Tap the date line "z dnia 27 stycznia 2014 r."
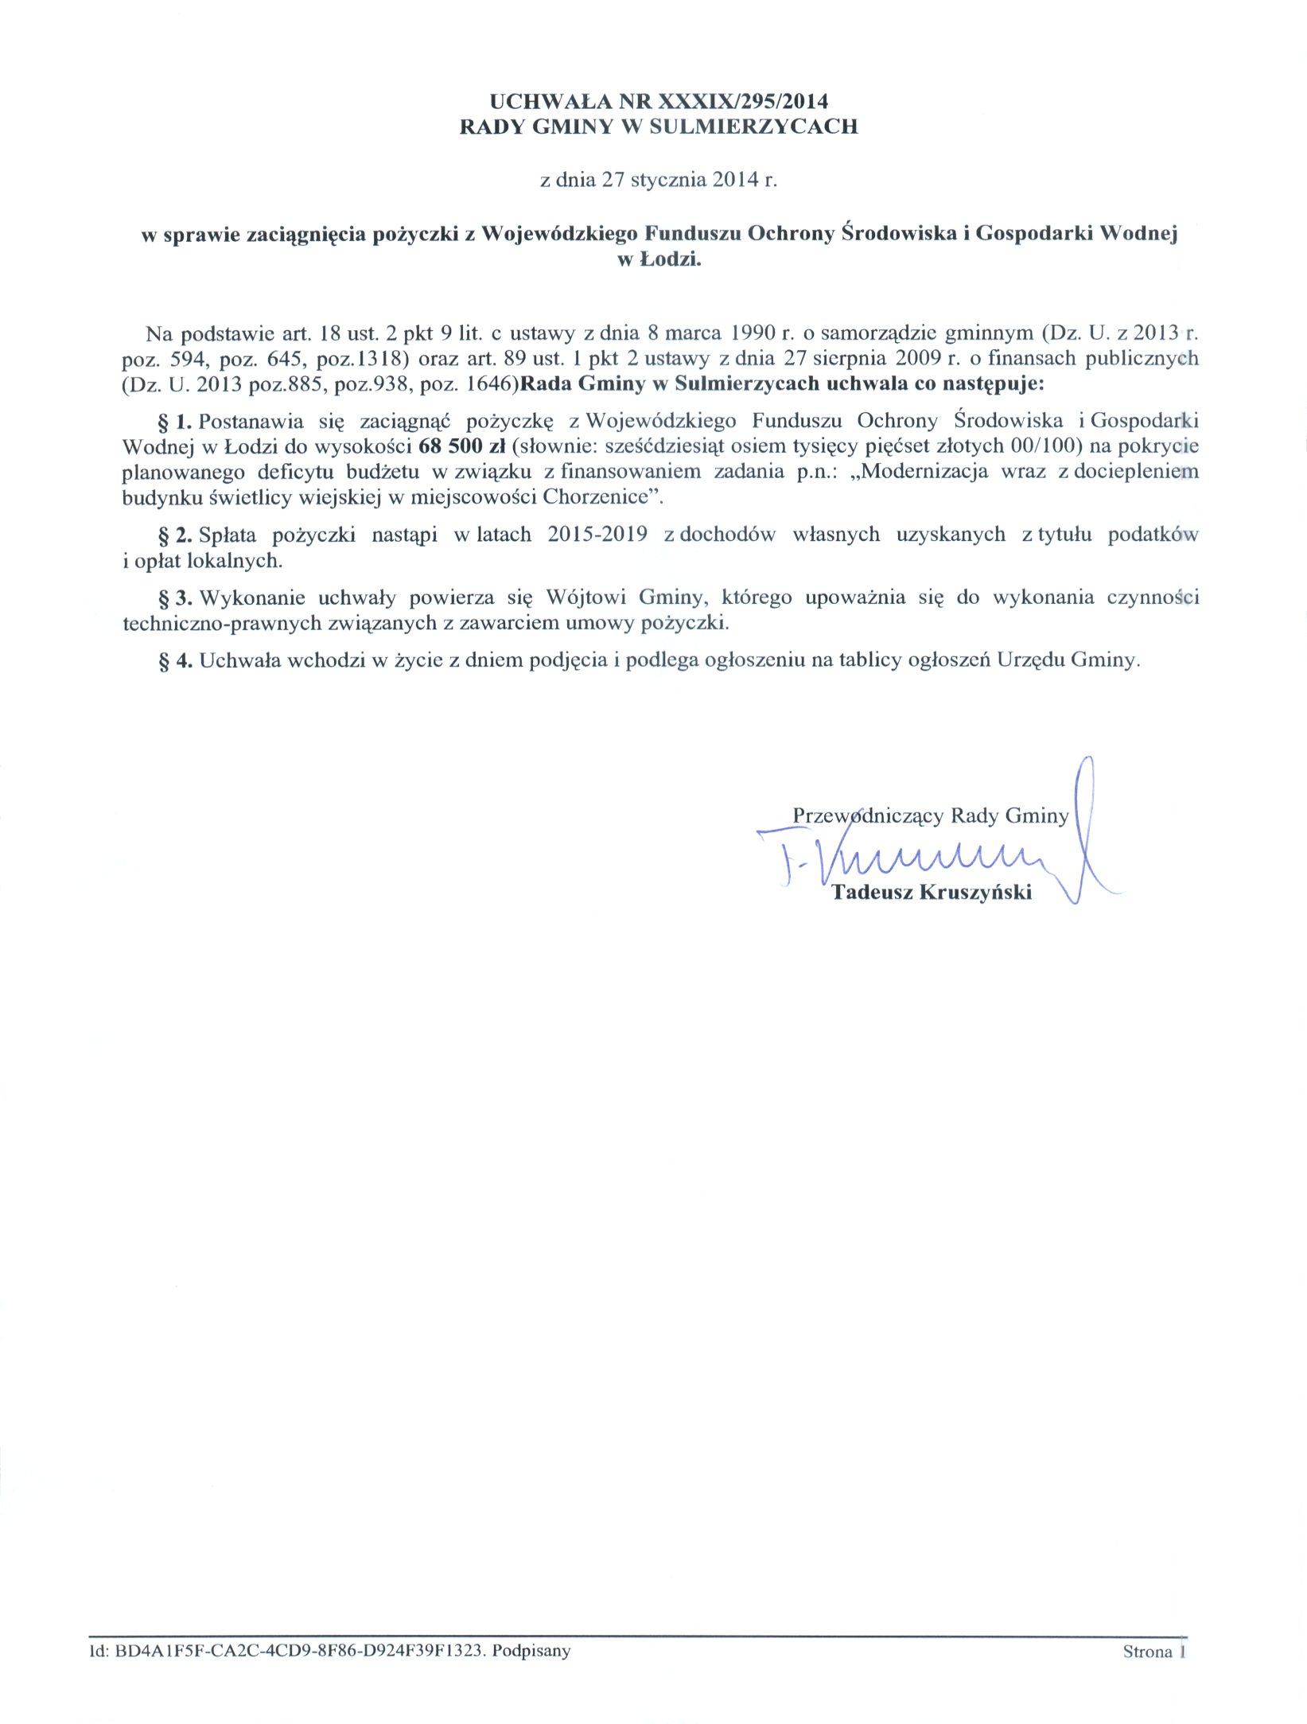click(x=657, y=180)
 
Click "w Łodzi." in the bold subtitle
click(x=659, y=259)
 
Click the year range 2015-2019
click(x=596, y=535)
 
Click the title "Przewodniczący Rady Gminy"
click(x=930, y=815)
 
